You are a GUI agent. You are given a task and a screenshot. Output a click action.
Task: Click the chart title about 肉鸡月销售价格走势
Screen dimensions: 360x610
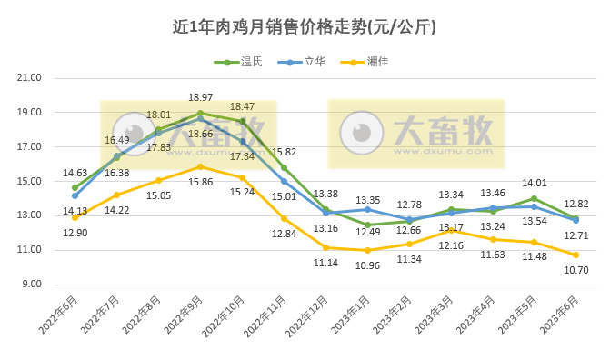click(305, 26)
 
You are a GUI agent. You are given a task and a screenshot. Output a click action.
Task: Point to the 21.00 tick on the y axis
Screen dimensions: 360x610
click(30, 78)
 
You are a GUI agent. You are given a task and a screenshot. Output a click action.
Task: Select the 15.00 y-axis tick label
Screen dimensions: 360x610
click(30, 182)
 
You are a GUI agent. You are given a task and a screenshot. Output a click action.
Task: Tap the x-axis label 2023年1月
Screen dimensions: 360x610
click(352, 317)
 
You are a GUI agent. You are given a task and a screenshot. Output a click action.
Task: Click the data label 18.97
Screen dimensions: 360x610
click(200, 97)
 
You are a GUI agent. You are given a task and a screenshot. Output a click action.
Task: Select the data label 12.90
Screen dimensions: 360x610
click(75, 234)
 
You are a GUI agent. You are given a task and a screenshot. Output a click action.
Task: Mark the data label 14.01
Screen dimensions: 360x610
click(533, 183)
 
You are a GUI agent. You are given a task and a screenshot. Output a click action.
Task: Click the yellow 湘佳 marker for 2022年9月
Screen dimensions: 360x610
click(200, 166)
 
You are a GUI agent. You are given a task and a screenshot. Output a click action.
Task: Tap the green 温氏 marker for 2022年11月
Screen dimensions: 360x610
click(284, 167)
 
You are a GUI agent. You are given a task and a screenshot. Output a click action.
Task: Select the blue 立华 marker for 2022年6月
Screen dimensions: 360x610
click(75, 195)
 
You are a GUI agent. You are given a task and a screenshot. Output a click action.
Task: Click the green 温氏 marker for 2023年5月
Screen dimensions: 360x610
click(534, 198)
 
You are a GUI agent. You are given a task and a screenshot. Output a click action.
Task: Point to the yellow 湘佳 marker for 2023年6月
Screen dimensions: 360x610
click(575, 255)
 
